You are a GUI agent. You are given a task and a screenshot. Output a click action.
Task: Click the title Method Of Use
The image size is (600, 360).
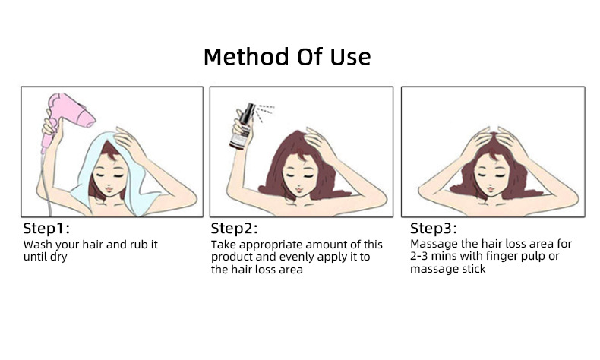pos(287,57)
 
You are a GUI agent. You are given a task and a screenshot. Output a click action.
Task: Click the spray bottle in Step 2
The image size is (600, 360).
pos(242,127)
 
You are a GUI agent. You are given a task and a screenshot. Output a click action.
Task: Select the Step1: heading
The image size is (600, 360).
pos(46,229)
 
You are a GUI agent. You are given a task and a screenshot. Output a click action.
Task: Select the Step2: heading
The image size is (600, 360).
pos(234,229)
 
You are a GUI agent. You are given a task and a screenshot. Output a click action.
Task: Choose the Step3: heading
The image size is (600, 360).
pos(434,229)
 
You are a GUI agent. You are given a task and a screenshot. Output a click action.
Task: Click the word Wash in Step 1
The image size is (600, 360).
pos(37,245)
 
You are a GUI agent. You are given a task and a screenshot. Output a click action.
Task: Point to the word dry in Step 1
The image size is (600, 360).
pos(58,257)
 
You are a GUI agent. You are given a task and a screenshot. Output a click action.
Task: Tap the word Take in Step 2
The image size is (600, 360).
pos(224,245)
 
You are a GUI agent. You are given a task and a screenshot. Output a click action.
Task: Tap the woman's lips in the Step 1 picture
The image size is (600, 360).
pos(109,189)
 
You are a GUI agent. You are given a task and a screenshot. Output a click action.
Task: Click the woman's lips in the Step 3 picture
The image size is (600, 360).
pos(490,189)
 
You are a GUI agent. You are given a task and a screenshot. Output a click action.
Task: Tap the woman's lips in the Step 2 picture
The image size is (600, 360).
pos(298,189)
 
